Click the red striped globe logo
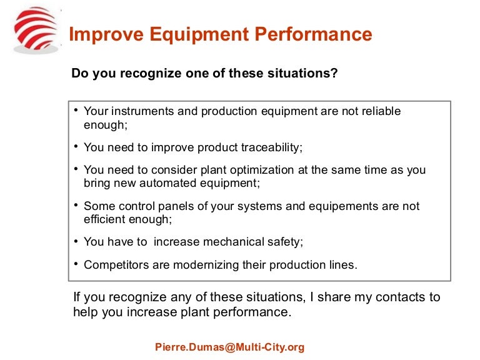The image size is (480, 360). (35, 29)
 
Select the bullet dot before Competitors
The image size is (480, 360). (75, 263)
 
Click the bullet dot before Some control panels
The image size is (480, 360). (75, 204)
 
